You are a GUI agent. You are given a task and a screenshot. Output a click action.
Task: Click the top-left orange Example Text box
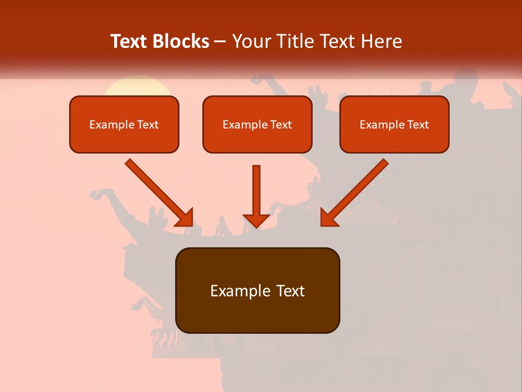[x=124, y=125]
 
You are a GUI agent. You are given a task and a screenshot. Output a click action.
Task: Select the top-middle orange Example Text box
[x=257, y=125]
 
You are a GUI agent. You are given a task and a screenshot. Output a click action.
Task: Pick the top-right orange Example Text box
[x=394, y=125]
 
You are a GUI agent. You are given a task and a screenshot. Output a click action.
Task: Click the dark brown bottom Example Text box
[x=257, y=291]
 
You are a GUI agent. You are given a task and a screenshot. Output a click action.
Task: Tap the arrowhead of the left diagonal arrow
[x=184, y=217]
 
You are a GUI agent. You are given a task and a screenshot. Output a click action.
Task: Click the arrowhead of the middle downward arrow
[x=257, y=220]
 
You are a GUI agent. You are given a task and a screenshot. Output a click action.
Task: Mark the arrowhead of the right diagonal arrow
[x=329, y=217]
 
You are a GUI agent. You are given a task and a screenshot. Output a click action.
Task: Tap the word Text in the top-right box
[x=418, y=125]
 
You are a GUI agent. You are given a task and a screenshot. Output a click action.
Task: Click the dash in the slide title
[x=220, y=42]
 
